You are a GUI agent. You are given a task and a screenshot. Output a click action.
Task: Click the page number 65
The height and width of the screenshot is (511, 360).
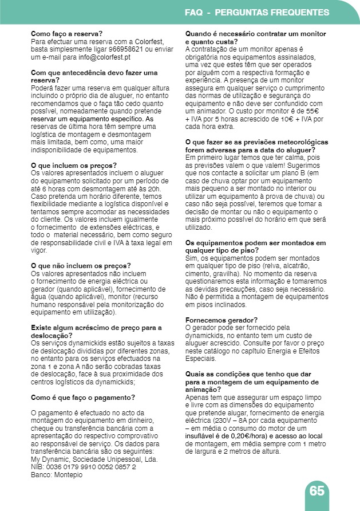317,491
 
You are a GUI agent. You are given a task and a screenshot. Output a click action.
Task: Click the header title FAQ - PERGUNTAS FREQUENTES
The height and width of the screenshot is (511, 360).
257,12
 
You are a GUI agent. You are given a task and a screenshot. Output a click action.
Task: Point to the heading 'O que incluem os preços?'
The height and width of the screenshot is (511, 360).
73,165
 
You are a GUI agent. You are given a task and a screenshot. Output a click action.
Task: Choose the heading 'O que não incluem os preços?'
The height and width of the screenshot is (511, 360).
81,265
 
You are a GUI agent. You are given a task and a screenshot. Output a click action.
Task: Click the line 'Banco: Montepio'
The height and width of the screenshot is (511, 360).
57,475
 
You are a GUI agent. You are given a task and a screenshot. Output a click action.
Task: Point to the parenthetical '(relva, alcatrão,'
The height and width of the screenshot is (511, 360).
291,266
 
